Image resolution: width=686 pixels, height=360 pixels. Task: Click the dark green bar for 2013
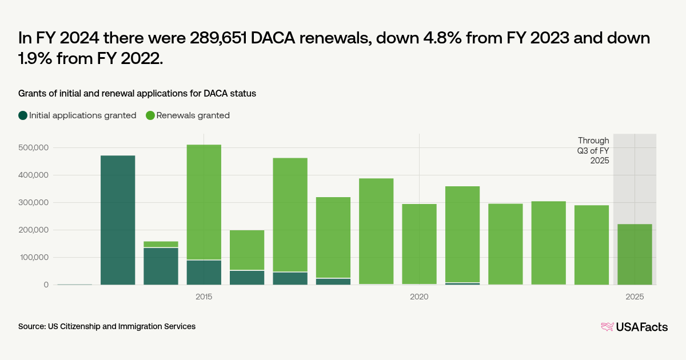point(118,220)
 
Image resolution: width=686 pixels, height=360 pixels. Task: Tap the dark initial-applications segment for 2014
point(161,266)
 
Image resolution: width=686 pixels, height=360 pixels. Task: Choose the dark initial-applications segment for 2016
point(247,278)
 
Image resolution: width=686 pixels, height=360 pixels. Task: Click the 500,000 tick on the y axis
point(34,147)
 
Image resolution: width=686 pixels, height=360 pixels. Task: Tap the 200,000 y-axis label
point(34,230)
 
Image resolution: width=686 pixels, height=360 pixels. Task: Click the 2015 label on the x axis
point(204,297)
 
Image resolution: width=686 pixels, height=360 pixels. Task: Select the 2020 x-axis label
point(419,297)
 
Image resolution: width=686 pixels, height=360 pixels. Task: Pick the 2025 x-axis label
point(635,297)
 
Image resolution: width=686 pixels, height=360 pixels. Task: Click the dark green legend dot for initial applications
point(23,115)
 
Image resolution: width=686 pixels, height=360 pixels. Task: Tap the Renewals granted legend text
point(193,115)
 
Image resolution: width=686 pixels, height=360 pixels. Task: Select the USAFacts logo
point(635,327)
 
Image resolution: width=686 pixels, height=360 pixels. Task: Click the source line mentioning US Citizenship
point(107,326)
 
